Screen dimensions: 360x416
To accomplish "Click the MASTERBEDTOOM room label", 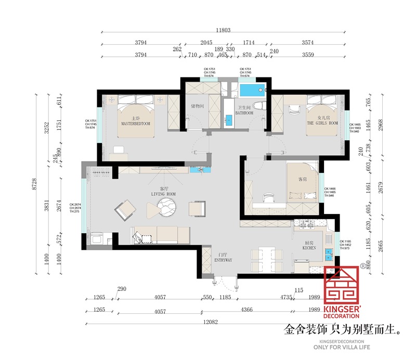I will tap(135, 124).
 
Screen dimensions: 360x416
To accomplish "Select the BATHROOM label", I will tap(244, 112).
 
